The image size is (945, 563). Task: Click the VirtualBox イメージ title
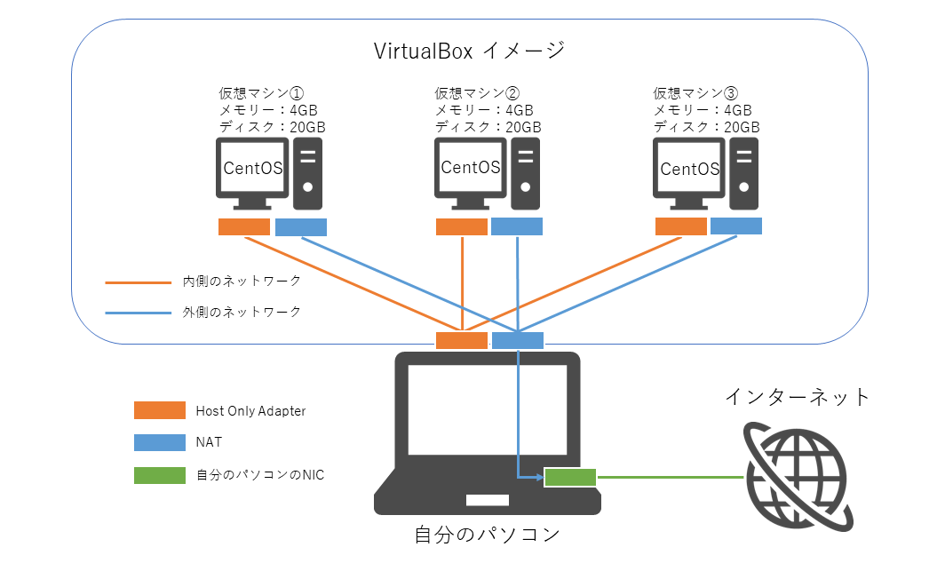tap(470, 50)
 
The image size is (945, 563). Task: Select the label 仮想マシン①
tap(262, 92)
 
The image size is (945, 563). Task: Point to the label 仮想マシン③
tap(695, 92)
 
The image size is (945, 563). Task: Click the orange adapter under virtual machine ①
tap(244, 227)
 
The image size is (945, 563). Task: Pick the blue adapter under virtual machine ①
tap(301, 227)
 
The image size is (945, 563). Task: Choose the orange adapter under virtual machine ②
tap(462, 227)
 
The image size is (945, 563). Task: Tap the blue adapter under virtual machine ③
tap(736, 226)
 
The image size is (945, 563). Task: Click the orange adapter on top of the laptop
tap(462, 340)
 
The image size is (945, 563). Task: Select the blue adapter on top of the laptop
tap(518, 340)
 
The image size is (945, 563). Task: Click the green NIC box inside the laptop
tap(570, 478)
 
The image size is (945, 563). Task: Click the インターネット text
tap(798, 396)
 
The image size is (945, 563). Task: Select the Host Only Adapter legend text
tap(250, 411)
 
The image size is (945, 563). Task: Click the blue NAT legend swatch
tap(160, 442)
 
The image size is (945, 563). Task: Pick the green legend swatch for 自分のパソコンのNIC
tap(160, 475)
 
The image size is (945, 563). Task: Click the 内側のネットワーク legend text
tap(242, 281)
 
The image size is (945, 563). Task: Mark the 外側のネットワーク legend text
tap(242, 312)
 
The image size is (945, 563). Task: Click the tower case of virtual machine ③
tap(747, 172)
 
